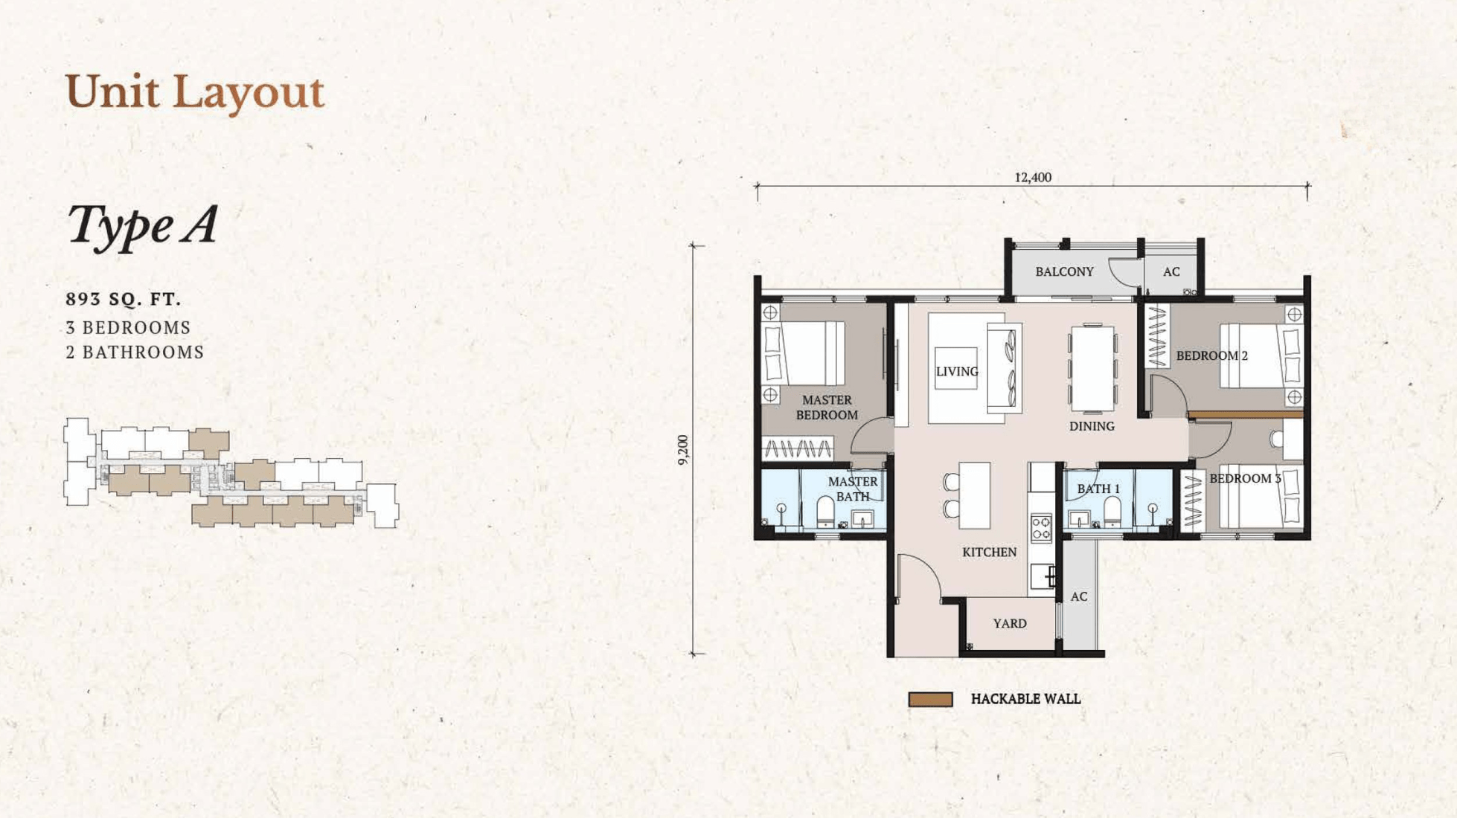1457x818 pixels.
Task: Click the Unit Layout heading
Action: [195, 92]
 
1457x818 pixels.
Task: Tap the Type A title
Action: [142, 225]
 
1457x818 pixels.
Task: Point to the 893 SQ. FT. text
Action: [124, 299]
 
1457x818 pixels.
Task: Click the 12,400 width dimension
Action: [1033, 177]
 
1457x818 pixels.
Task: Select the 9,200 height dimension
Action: [683, 450]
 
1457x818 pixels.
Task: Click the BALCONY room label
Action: [1064, 271]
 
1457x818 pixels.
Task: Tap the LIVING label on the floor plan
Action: [957, 371]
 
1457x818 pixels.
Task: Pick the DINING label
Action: [1092, 426]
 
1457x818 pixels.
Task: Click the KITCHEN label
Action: [989, 552]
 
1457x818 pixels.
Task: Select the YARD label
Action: [1010, 623]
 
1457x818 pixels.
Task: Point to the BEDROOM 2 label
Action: [1211, 355]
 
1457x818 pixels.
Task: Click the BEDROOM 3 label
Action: [1245, 478]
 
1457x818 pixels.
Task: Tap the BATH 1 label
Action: [1098, 489]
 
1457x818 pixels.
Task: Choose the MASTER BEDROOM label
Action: [827, 408]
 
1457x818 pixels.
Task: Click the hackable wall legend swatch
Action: [930, 699]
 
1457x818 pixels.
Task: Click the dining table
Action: [1092, 368]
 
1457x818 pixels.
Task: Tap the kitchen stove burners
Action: [1041, 527]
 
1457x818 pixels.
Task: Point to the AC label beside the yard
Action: [1079, 596]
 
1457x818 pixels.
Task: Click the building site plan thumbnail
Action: [231, 473]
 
